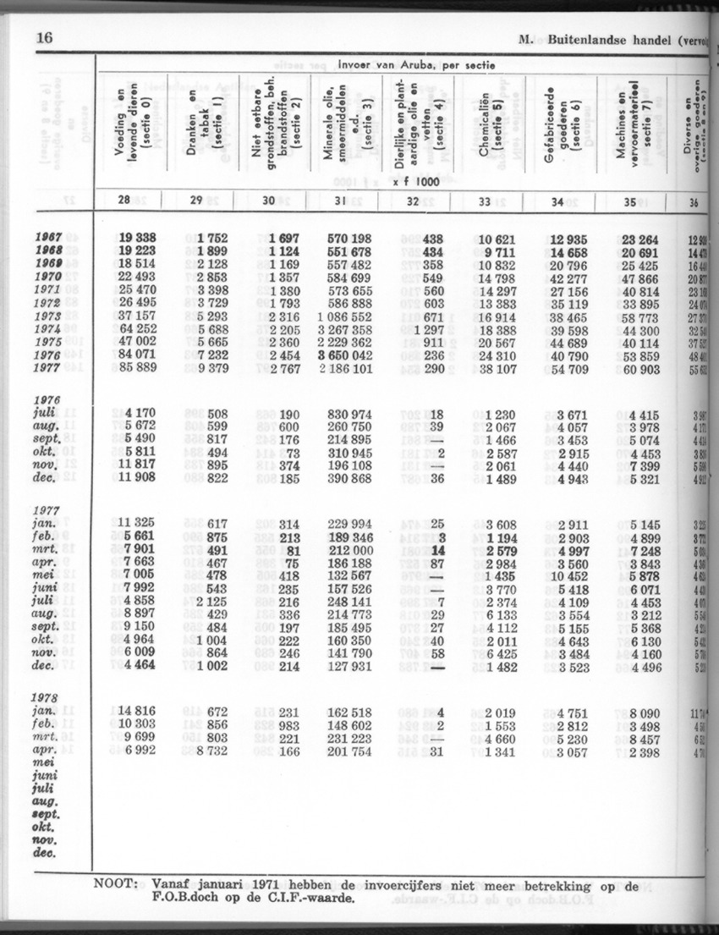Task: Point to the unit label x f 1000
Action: tap(415, 180)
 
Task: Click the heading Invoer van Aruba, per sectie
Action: tap(416, 65)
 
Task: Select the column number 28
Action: tap(124, 201)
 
